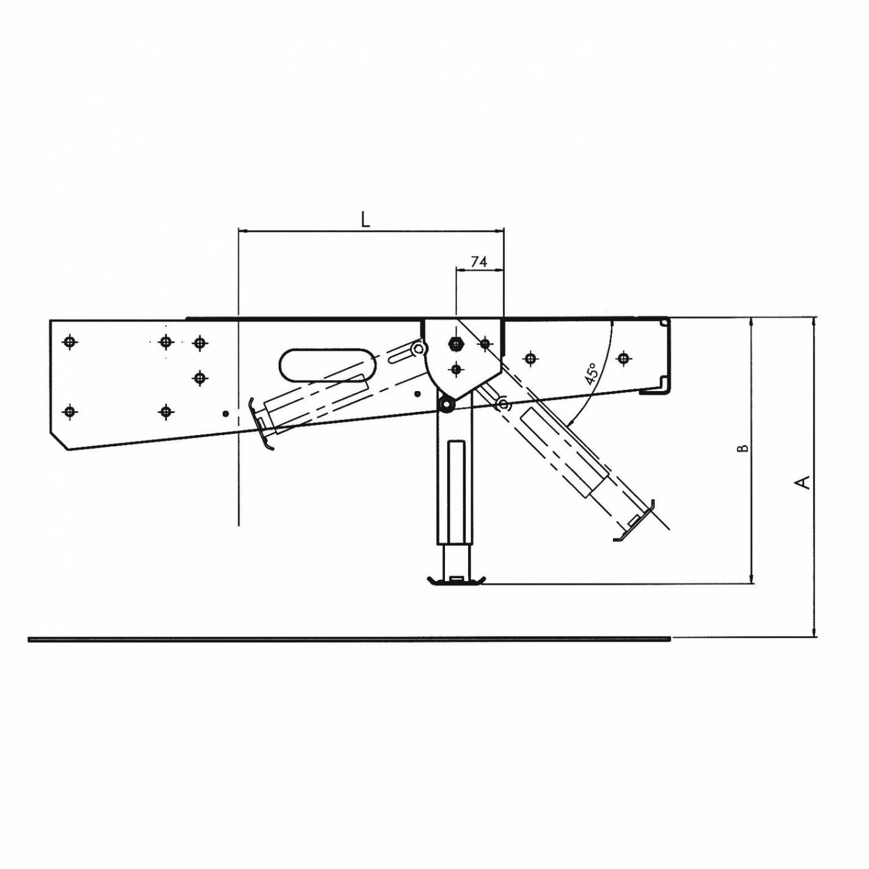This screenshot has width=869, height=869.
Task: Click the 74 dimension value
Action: pos(479,262)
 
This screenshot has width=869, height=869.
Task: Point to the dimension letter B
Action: pos(744,449)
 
